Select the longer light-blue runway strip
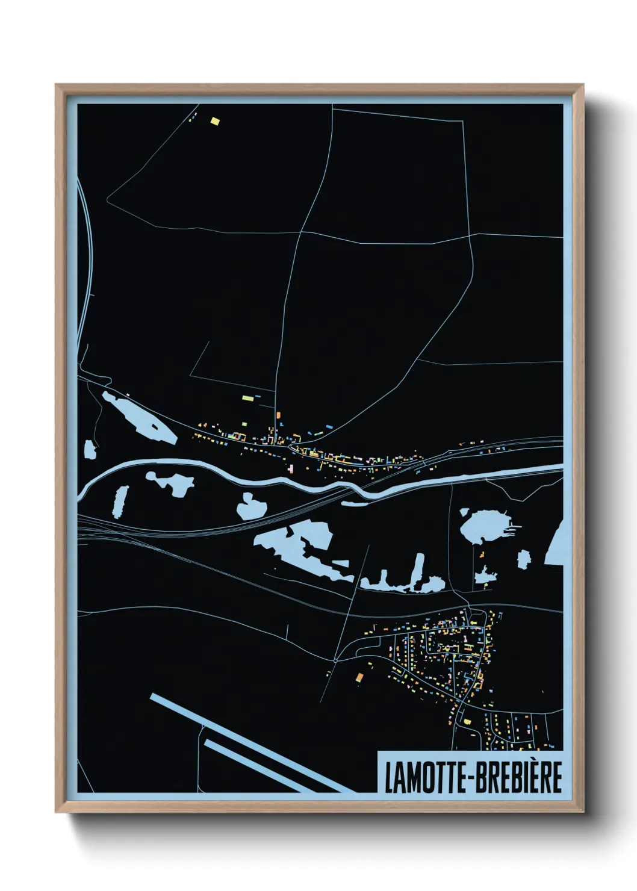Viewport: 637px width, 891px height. [247, 742]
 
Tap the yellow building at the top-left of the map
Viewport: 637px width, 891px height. [215, 121]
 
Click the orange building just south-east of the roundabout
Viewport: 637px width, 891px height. [359, 677]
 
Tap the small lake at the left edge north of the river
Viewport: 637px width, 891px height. [90, 449]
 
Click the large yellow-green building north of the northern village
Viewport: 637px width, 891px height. [247, 397]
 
